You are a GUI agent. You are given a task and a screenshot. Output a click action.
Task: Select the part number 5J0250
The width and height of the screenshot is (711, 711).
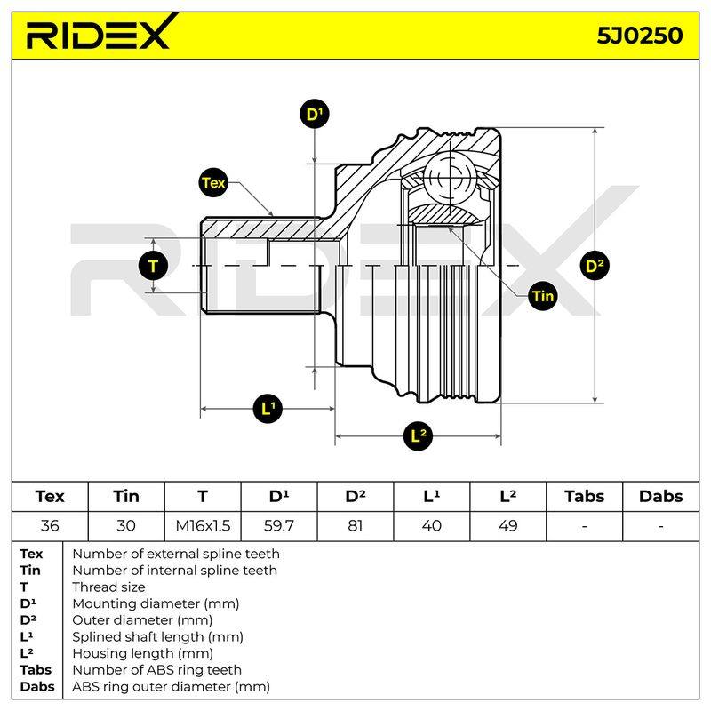coord(639,36)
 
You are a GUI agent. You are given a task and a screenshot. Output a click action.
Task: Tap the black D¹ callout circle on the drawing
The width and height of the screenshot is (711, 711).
coord(315,114)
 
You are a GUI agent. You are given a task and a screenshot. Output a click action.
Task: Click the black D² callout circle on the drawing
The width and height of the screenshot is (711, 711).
coord(595,266)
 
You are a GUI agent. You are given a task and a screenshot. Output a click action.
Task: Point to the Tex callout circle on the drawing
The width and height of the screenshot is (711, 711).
coord(213,183)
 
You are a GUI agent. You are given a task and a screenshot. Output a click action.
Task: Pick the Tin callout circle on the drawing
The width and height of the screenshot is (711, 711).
coord(543,296)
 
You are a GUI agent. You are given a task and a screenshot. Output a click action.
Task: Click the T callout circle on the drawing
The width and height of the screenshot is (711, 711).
coord(153,266)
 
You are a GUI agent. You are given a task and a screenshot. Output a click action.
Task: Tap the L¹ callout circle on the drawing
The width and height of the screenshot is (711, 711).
coord(268,409)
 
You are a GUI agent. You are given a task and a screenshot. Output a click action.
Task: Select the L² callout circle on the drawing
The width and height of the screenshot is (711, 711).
coord(418,436)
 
